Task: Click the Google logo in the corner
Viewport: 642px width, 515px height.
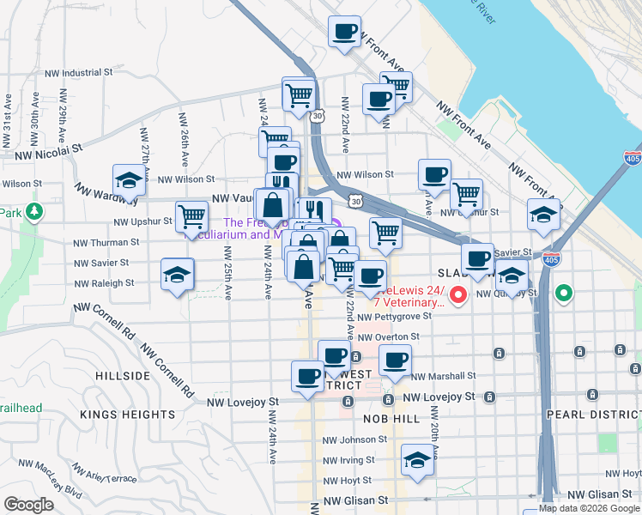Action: [28, 505]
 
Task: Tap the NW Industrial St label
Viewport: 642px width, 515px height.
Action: [83, 73]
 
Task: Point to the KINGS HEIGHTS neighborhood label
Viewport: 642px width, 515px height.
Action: [127, 415]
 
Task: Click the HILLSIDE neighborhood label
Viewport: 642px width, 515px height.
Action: [123, 376]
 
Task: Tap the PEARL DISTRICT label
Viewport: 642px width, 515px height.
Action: [593, 414]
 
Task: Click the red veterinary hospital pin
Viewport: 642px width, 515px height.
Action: [458, 296]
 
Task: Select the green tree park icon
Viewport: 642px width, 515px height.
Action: [34, 211]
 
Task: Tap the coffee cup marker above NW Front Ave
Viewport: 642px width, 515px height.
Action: [344, 33]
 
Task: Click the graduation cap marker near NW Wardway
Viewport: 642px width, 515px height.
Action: [129, 181]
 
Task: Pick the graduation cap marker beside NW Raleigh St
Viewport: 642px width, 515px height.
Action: [178, 275]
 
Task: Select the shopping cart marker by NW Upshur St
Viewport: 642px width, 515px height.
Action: [191, 216]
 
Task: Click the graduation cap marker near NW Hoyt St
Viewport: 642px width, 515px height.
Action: [417, 462]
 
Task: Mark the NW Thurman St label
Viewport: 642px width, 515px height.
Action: [100, 244]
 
